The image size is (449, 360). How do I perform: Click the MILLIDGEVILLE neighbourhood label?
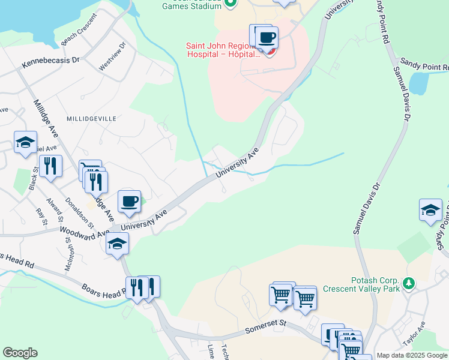tap(91, 119)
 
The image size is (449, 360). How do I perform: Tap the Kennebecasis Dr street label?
tap(51, 61)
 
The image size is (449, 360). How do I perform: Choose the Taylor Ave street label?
tap(414, 334)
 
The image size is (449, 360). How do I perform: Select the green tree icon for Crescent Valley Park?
tap(409, 282)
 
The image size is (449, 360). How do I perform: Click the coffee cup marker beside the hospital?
tap(267, 38)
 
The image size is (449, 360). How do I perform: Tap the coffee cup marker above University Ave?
tap(130, 201)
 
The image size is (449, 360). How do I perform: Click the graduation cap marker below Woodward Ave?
tap(117, 244)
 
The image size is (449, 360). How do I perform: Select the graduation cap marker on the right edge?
tap(430, 210)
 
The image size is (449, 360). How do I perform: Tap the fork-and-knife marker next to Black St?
tap(50, 165)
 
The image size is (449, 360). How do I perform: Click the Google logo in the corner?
tap(20, 353)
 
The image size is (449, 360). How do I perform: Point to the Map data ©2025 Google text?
tap(412, 355)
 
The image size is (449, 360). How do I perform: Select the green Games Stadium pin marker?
tap(230, 4)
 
